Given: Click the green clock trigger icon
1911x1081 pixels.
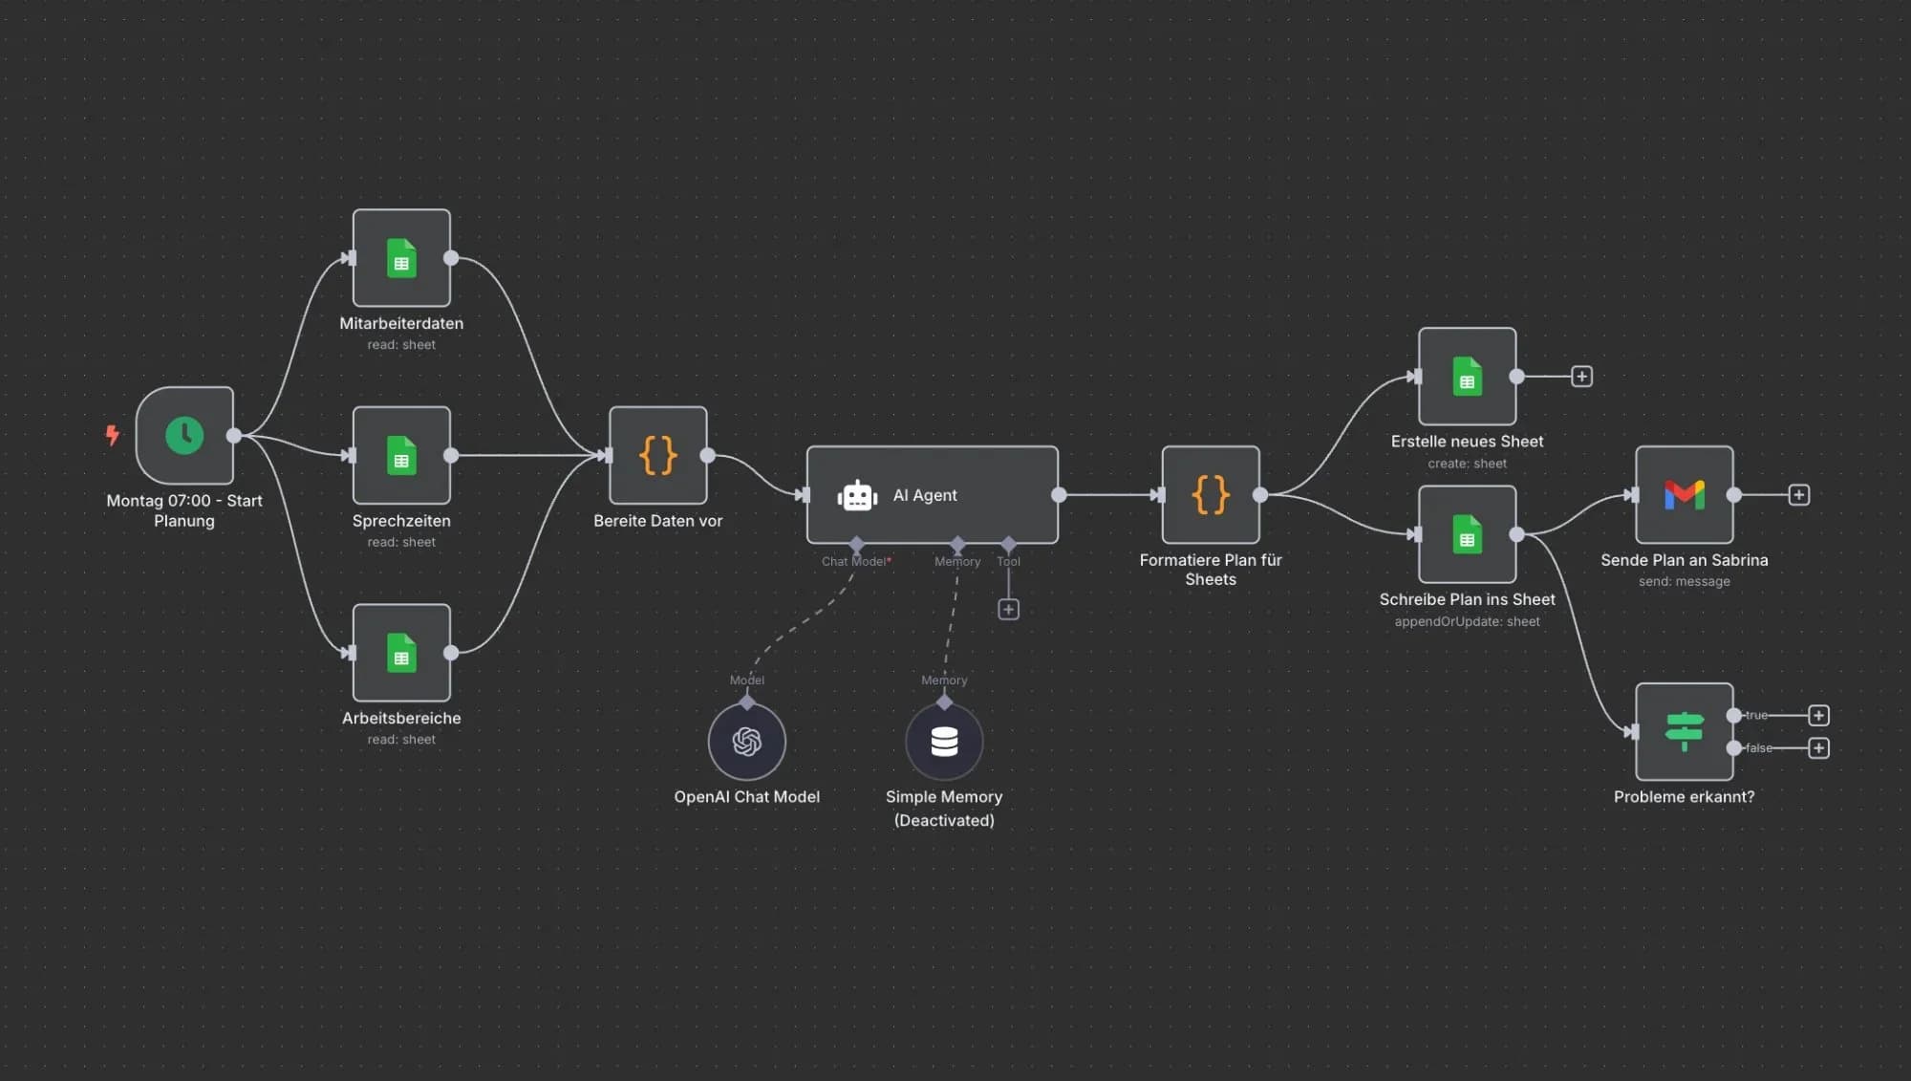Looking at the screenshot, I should [x=184, y=436].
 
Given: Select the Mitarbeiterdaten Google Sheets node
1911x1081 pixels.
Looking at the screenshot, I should [x=401, y=258].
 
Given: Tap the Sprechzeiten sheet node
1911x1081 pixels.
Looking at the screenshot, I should [x=401, y=456].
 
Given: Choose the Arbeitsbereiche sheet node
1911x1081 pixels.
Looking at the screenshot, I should [x=401, y=653].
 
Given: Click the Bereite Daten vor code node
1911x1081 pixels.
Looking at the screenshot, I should [x=658, y=456].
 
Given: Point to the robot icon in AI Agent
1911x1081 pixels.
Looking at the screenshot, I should [x=857, y=496].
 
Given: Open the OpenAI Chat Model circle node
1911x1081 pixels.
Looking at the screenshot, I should [x=747, y=742].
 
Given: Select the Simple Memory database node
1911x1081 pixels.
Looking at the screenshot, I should [x=944, y=742].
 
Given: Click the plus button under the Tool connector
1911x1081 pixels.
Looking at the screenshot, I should [x=1008, y=610].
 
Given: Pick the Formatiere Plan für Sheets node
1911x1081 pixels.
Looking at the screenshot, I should [x=1211, y=495].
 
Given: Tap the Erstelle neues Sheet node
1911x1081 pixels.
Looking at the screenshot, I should [x=1467, y=377].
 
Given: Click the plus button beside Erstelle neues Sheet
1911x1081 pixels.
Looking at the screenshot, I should [x=1582, y=377].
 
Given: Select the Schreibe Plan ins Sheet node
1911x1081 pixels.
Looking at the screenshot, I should [x=1467, y=534].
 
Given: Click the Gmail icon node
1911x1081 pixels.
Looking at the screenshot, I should [x=1684, y=495].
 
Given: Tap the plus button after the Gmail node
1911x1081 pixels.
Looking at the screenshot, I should [x=1799, y=495].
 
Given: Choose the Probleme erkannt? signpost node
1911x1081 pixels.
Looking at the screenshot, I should [x=1684, y=732].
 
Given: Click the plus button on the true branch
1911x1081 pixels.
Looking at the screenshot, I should [x=1819, y=716].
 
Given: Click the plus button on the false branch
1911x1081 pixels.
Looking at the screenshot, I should [x=1819, y=748].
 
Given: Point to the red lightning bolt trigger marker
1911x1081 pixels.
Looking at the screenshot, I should [x=113, y=436].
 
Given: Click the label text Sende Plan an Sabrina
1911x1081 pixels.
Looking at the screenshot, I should [x=1684, y=560].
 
